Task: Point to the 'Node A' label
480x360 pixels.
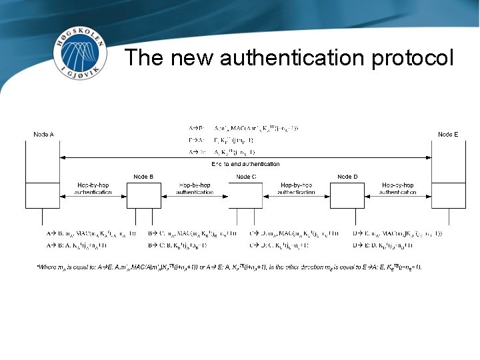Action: (43, 135)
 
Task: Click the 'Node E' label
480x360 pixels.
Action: (448, 135)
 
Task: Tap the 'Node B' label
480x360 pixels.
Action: (143, 177)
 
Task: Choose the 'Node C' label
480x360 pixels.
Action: (246, 177)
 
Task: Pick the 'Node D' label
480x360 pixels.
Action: (347, 177)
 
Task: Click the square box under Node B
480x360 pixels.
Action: (143, 195)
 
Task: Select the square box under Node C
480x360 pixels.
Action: (246, 195)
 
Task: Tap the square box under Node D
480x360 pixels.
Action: (347, 195)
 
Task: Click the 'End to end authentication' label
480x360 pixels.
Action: (245, 164)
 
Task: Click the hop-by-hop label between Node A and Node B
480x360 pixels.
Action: (93, 188)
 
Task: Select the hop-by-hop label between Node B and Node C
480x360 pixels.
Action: (195, 188)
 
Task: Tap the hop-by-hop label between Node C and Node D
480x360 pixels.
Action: (297, 188)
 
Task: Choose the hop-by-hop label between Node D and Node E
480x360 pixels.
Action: (398, 188)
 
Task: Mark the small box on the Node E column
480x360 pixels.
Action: (448, 195)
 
